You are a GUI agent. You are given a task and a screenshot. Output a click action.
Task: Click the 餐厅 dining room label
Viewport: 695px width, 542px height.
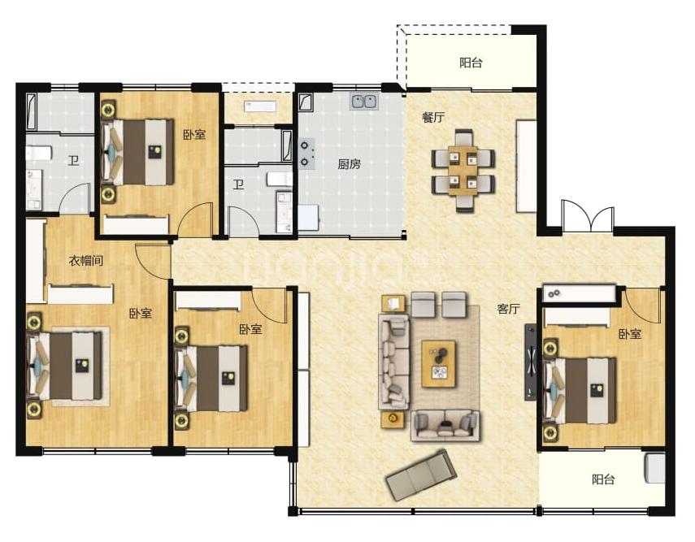(x=433, y=118)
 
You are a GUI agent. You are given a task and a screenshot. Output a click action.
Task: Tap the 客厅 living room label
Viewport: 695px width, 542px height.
(x=508, y=309)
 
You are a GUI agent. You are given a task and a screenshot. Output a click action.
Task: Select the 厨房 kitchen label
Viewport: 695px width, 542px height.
(x=350, y=164)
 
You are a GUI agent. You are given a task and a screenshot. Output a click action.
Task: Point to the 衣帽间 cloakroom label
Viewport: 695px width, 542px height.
(x=86, y=261)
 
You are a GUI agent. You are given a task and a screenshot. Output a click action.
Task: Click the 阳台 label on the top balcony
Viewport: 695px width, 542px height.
(x=471, y=63)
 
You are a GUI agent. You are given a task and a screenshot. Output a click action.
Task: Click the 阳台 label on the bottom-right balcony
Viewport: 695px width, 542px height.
(x=603, y=479)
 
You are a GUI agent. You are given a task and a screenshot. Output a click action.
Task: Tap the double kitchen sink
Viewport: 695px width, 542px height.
(x=364, y=102)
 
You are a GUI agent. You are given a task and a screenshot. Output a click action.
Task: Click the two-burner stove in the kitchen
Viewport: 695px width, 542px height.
(x=306, y=154)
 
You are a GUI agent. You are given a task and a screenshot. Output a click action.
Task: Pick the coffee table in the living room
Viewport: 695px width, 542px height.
(x=439, y=364)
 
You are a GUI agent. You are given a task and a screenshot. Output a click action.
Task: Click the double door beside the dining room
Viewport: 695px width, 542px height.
(x=588, y=216)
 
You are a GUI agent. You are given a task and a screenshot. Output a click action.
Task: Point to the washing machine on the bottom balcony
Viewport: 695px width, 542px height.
(x=655, y=468)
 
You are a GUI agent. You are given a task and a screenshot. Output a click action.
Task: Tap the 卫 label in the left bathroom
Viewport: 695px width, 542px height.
(x=74, y=160)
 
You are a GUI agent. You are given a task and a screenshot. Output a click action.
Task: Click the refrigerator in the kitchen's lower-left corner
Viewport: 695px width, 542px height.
(x=309, y=218)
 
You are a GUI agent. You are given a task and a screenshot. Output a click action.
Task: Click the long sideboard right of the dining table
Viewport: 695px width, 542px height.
(x=527, y=167)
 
